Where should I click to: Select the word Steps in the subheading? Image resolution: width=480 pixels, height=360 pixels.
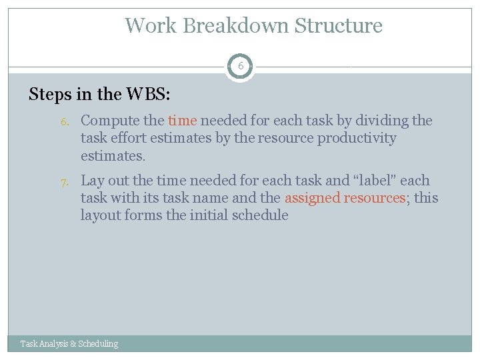click(x=51, y=94)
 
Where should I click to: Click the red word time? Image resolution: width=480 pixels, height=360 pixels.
click(x=182, y=121)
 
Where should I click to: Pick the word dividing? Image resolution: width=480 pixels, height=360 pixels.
click(x=385, y=121)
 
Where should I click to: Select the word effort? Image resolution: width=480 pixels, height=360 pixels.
click(x=133, y=138)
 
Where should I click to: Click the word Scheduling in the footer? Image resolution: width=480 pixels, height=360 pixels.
click(x=98, y=344)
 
